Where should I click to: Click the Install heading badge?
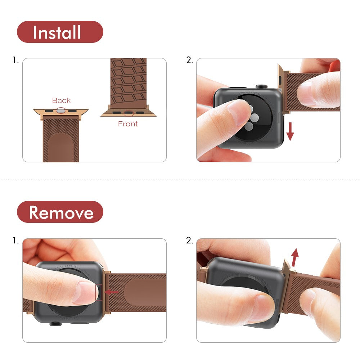60,32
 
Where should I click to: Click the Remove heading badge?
60,212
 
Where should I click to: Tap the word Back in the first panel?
61,100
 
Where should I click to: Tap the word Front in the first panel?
128,124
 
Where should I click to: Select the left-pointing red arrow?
111,292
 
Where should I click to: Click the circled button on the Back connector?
61,111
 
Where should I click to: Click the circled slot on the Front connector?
128,113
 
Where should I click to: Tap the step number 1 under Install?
15,60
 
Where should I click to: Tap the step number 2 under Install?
189,60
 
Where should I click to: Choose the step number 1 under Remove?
15,240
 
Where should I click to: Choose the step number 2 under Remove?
189,240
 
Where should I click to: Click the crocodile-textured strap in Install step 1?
129,81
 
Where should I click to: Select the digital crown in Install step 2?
261,86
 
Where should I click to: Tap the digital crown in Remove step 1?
54,323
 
